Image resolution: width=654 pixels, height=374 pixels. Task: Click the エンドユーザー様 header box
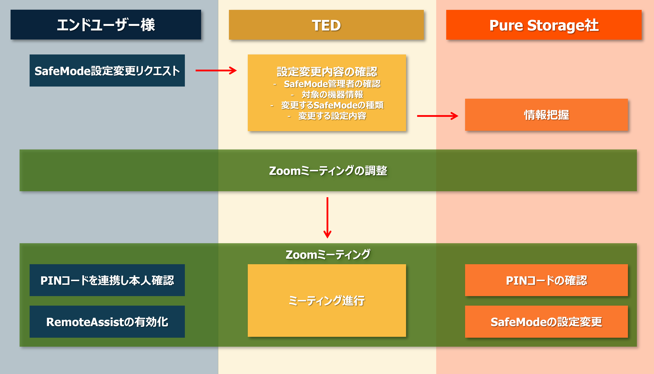tap(106, 25)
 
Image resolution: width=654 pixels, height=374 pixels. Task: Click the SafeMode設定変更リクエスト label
tap(107, 71)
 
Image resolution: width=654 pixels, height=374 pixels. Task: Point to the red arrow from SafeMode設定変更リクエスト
tap(216, 70)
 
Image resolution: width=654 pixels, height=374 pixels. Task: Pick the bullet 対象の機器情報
tap(332, 94)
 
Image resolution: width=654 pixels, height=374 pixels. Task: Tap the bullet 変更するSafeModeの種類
tap(332, 105)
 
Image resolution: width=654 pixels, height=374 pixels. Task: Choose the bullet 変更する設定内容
tap(332, 116)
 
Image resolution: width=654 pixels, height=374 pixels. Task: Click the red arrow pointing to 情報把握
tap(437, 116)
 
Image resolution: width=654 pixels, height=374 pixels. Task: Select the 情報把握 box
tap(546, 115)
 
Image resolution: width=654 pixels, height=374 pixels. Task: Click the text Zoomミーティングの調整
tap(328, 171)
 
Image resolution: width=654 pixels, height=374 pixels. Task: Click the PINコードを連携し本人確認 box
tap(107, 280)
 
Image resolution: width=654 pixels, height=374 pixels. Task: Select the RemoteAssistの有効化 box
tap(107, 322)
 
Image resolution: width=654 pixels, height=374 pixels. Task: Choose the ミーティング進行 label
tap(327, 301)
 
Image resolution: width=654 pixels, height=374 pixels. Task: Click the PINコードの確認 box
tap(546, 280)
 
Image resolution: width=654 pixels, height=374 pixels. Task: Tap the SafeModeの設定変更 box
tap(546, 322)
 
